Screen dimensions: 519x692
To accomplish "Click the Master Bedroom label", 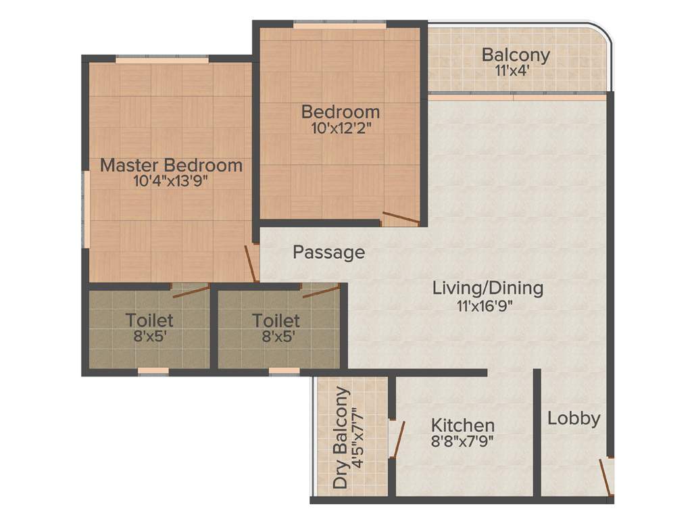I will [171, 165].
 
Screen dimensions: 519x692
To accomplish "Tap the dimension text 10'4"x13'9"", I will [171, 181].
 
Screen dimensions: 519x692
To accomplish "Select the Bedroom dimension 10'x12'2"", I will [341, 128].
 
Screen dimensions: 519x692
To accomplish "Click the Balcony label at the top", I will [516, 55].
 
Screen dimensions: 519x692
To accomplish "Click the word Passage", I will [328, 253].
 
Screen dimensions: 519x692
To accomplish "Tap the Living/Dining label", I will [487, 289].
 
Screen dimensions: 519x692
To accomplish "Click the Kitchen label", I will [463, 426].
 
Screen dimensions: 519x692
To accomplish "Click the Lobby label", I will [574, 418].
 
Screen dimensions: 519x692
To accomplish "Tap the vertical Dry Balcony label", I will [343, 438].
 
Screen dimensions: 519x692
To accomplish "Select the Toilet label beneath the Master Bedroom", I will [149, 320].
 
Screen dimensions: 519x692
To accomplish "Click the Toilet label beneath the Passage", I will [276, 320].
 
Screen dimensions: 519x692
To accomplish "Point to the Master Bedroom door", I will [251, 263].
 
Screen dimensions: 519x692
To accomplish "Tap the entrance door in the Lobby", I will [607, 477].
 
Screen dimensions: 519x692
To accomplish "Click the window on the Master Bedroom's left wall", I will [86, 210].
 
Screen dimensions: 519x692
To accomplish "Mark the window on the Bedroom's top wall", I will [340, 25].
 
